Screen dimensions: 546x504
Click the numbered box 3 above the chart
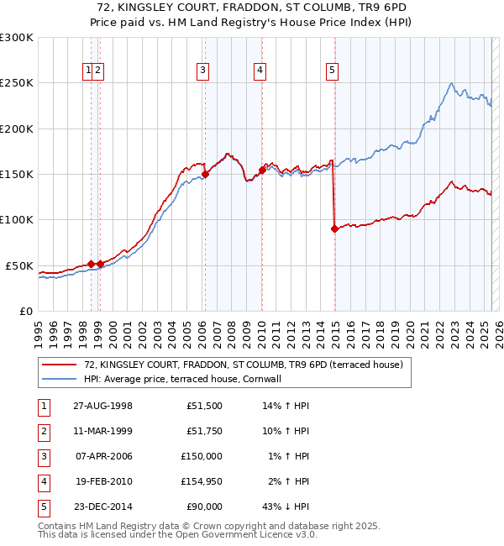(x=203, y=71)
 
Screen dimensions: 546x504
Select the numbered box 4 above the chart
(x=260, y=71)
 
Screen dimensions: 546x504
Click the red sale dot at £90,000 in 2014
(x=335, y=228)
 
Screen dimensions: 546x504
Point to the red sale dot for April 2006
(x=205, y=176)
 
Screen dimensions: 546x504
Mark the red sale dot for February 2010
(x=262, y=170)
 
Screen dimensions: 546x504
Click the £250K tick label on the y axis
(x=17, y=83)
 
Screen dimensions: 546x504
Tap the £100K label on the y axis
(x=17, y=220)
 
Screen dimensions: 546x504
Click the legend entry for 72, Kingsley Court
(x=244, y=365)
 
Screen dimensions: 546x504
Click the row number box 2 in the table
(x=42, y=431)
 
